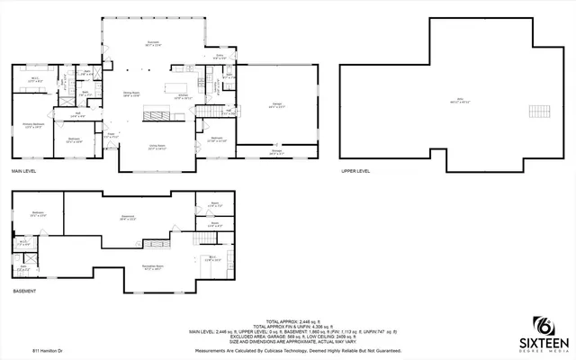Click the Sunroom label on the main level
[154, 44]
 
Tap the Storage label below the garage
[277, 153]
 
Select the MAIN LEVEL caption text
[24, 172]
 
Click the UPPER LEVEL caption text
[355, 172]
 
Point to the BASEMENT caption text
[23, 292]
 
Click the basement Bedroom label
[38, 213]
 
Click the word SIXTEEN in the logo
[543, 343]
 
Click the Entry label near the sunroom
[218, 56]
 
